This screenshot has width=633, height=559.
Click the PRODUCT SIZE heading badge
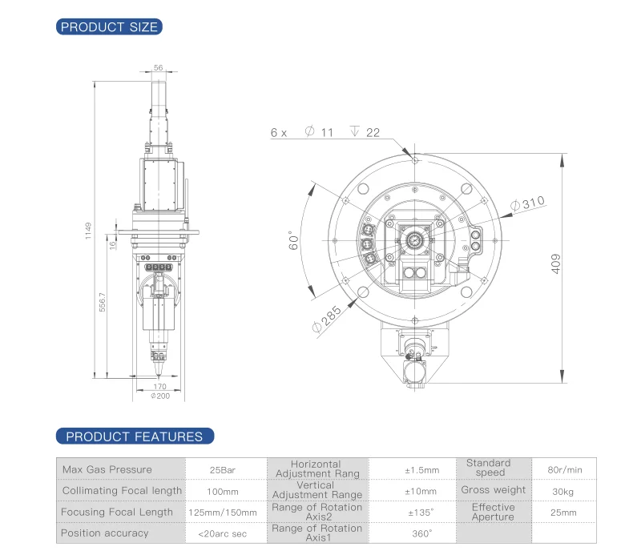point(109,26)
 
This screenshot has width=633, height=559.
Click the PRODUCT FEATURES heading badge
point(135,436)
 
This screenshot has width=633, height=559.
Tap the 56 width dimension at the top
point(159,67)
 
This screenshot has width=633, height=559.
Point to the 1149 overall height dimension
point(88,231)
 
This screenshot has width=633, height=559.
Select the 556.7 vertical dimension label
point(103,302)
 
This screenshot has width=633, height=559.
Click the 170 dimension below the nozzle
point(159,386)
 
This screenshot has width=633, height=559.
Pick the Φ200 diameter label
point(160,396)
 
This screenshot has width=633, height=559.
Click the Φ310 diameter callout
point(528,203)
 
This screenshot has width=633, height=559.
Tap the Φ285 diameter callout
point(327,319)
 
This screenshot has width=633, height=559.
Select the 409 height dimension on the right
point(556,264)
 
